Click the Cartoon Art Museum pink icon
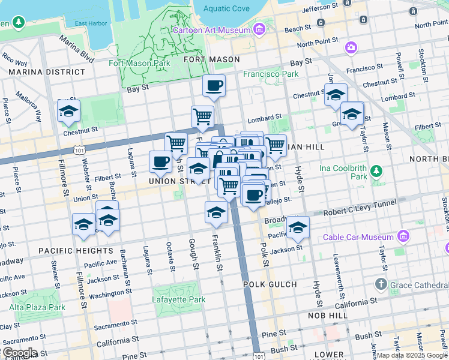click(259, 29)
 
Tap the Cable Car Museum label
click(359, 236)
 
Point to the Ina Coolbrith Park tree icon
click(376, 172)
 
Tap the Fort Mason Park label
click(139, 62)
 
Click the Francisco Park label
click(270, 74)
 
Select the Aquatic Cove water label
click(226, 8)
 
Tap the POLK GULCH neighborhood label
click(270, 284)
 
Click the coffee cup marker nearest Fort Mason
click(214, 86)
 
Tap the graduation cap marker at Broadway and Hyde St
click(297, 228)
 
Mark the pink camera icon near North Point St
click(351, 46)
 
